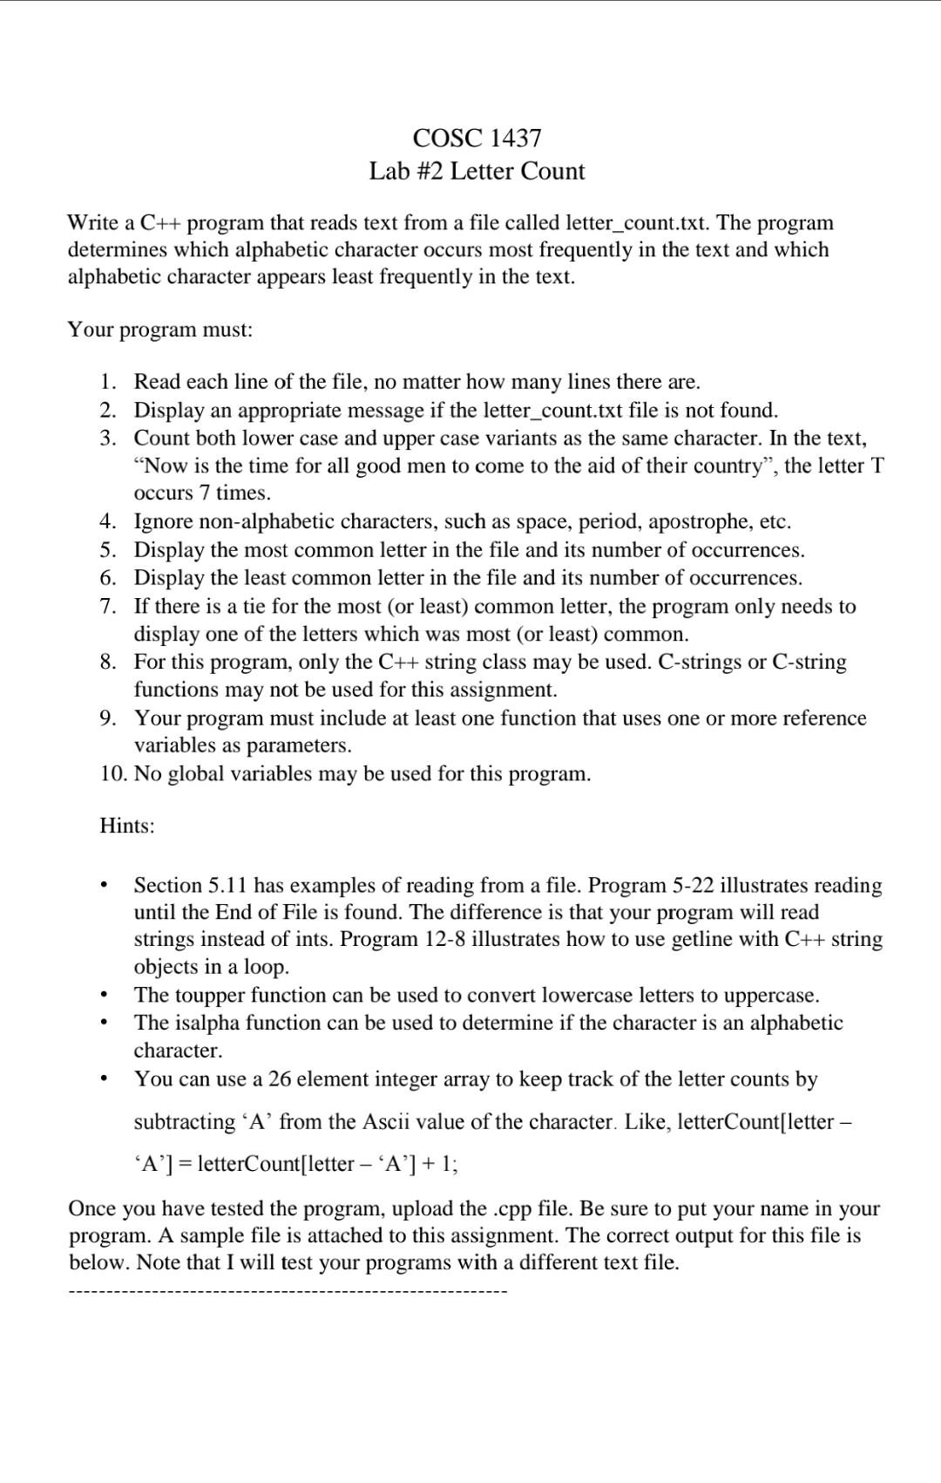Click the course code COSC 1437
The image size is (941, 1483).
(x=477, y=138)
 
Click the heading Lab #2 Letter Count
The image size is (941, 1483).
(x=477, y=171)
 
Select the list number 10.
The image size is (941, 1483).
(x=112, y=774)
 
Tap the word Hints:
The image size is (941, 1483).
(x=127, y=826)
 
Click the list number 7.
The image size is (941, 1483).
(x=107, y=606)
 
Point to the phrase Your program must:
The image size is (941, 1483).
(x=160, y=330)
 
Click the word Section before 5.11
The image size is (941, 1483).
(x=167, y=886)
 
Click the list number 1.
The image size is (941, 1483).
(x=107, y=382)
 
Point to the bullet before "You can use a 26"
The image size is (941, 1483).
(x=104, y=1079)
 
